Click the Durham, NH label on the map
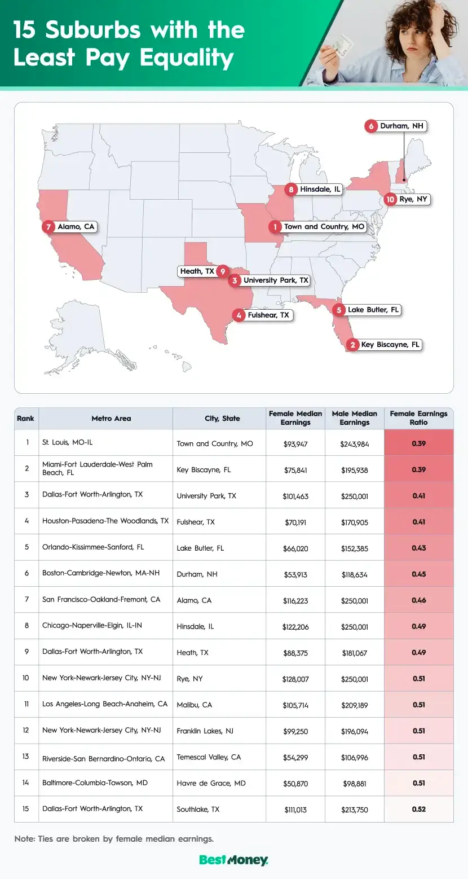tap(401, 126)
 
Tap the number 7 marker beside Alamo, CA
tap(49, 227)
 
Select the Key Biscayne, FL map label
tap(391, 345)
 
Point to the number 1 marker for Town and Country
tap(275, 227)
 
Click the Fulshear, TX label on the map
tap(268, 315)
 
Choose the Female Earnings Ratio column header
tap(418, 418)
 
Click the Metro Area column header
tap(111, 419)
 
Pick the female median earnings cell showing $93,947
tap(295, 444)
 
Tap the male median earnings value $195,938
tap(355, 470)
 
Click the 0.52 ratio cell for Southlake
tap(418, 809)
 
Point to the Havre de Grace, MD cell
tap(211, 783)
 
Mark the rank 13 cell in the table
tap(26, 757)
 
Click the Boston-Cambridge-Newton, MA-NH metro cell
tap(101, 573)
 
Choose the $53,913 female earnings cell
tap(295, 574)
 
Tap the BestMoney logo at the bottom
tap(233, 860)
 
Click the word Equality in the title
tap(187, 58)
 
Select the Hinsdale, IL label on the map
tap(320, 190)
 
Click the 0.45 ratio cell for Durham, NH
tap(418, 574)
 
